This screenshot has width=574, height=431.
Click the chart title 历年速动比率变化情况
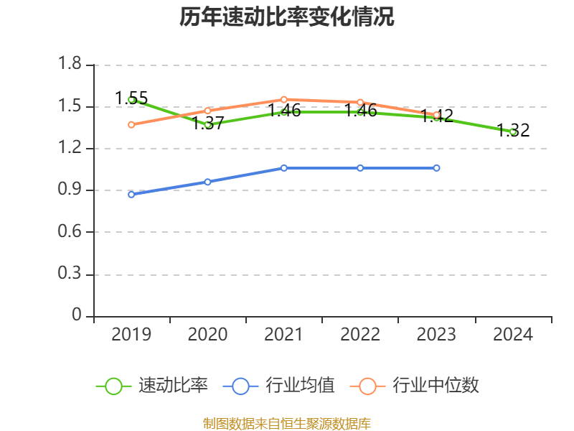287,17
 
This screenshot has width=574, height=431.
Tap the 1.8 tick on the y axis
70,65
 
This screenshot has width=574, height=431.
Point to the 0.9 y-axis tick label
70,190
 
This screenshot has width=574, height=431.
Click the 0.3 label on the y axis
70,274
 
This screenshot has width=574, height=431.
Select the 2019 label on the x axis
131,335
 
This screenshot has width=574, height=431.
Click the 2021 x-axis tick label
283,335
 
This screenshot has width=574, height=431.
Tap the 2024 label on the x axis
512,335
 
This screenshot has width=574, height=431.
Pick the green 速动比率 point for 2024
512,131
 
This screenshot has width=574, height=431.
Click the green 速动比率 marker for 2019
131,100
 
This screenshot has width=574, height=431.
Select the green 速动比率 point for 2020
207,124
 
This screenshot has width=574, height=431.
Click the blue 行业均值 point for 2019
131,194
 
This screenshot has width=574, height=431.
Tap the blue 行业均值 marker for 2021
283,167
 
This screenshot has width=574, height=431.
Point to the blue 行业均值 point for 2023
436,167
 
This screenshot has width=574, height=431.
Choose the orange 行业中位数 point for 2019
131,124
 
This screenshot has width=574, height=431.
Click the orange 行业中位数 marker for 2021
283,99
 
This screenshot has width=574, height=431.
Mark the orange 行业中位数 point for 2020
207,111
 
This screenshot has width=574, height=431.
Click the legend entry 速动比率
153,386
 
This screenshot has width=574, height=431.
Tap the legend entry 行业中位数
415,386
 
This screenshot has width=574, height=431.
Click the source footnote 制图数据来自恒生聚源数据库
287,423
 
